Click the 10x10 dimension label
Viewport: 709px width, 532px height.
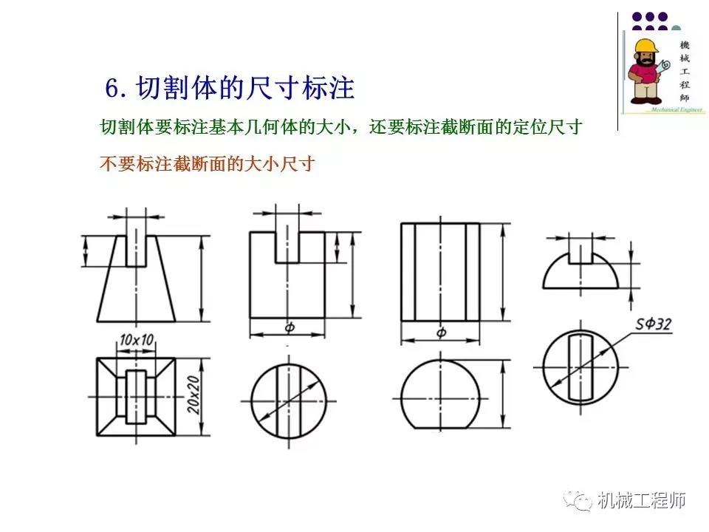137,340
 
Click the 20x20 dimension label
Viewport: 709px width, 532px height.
194,395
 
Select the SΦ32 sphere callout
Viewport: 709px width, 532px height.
654,324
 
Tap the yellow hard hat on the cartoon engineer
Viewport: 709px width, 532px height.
646,46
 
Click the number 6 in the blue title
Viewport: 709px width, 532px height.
112,88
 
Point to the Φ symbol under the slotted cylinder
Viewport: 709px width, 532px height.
290,327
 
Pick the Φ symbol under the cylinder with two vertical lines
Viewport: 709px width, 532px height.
441,333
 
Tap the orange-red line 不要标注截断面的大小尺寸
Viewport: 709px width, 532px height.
207,164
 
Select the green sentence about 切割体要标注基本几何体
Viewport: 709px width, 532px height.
341,127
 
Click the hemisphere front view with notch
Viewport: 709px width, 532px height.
580,270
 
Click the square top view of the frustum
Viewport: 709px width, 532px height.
136,397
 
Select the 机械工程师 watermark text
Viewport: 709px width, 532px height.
642,500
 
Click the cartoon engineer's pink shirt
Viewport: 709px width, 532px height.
644,73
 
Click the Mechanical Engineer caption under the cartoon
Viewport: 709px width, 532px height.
677,109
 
